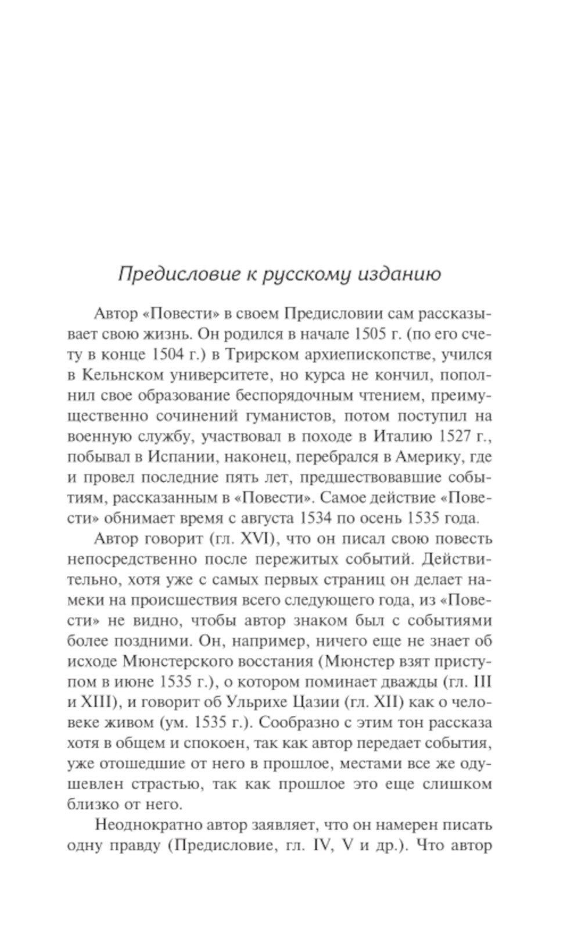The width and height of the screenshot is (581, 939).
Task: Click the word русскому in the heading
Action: pyautogui.click(x=305, y=273)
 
